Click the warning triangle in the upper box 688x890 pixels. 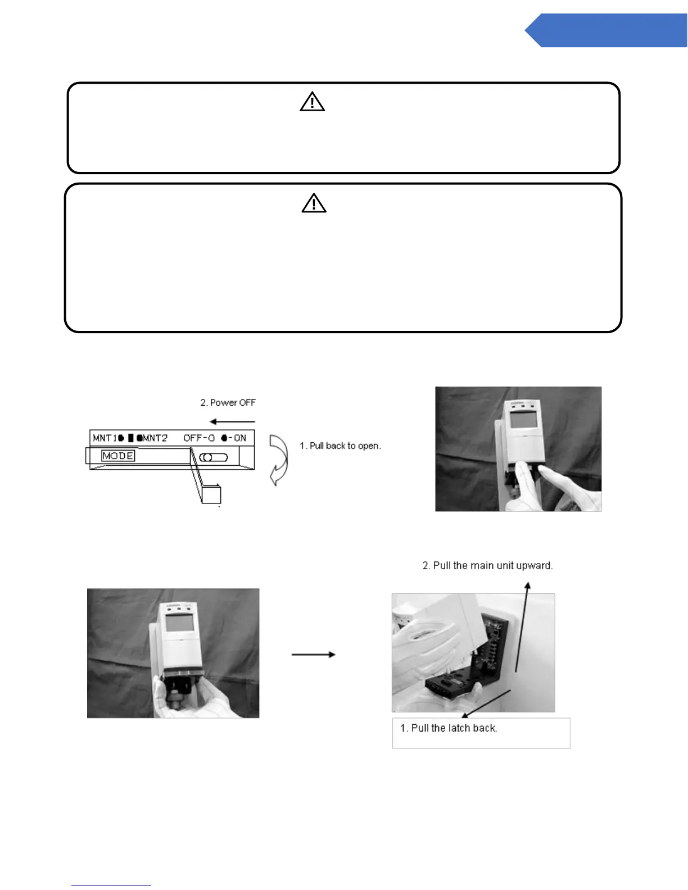(x=312, y=102)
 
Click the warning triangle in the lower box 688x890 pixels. (x=314, y=203)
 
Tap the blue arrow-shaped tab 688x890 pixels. (x=607, y=30)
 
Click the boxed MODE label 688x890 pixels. (x=118, y=456)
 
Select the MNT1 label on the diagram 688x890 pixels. (x=105, y=438)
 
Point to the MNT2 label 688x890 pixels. (x=155, y=438)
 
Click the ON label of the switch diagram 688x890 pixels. (x=240, y=438)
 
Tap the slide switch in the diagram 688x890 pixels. (x=214, y=457)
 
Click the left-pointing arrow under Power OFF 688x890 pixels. (x=233, y=421)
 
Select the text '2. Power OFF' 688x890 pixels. (x=228, y=403)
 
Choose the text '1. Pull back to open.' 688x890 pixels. (x=340, y=446)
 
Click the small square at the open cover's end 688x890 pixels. (x=211, y=494)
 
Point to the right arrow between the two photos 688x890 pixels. (x=313, y=655)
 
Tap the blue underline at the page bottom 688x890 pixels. (x=111, y=885)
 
